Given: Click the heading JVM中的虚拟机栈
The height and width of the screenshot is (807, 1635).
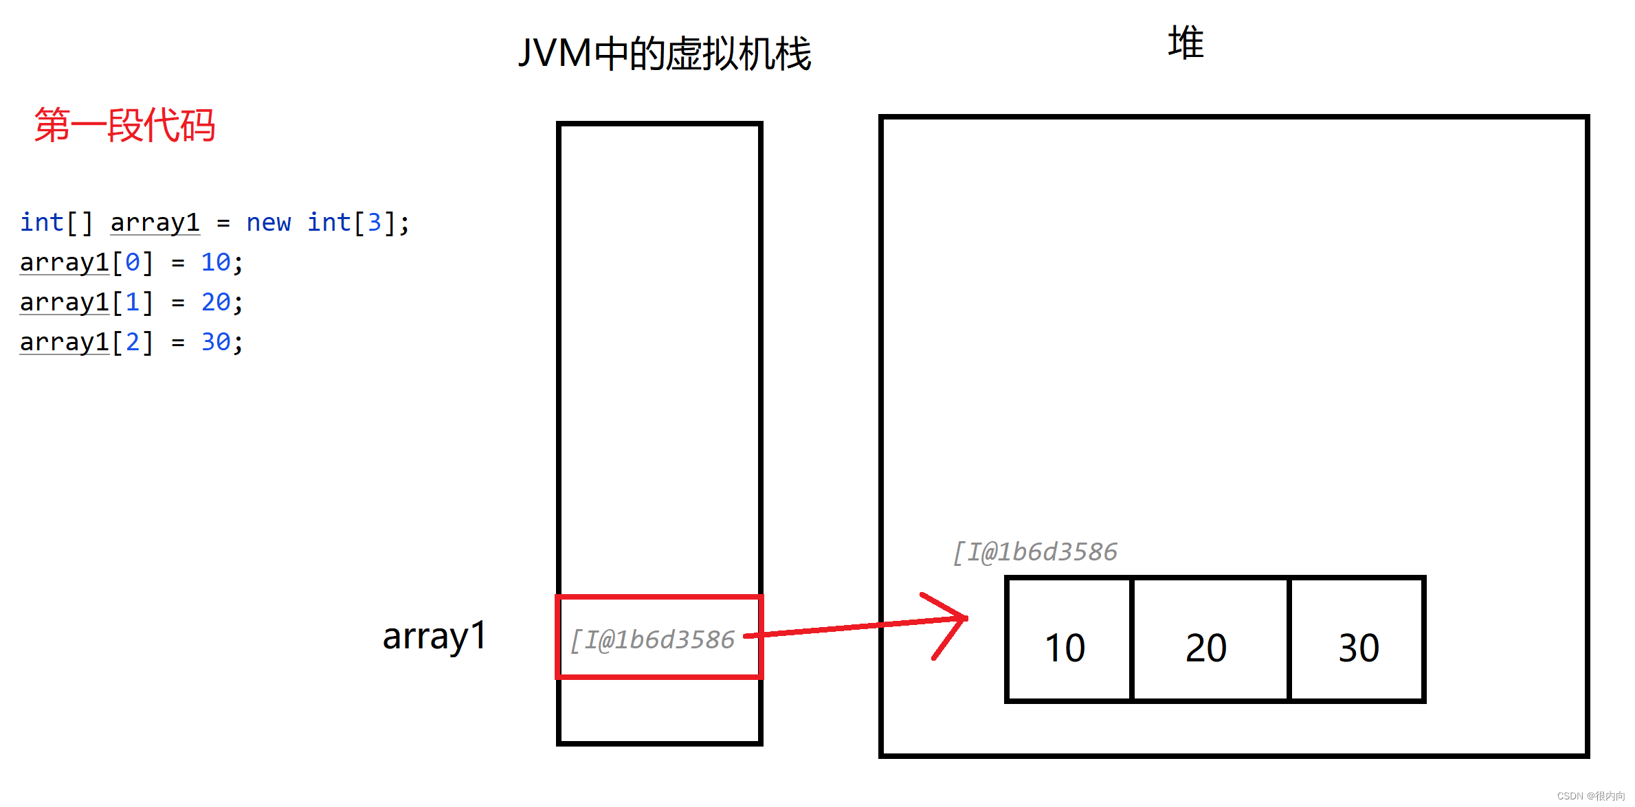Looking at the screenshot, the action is (664, 54).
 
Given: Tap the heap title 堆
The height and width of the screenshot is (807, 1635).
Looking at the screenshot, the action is (1186, 43).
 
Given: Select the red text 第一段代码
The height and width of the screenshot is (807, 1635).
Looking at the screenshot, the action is (124, 125).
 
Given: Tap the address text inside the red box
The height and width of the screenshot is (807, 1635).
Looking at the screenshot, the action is (653, 639).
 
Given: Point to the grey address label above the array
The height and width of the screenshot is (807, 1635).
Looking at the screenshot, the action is (1035, 552).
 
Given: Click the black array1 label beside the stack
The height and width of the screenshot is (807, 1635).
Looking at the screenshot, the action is (434, 636).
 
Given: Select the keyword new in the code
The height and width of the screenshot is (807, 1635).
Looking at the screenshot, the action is (268, 223).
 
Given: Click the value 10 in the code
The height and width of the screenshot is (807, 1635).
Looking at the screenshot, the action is (216, 262).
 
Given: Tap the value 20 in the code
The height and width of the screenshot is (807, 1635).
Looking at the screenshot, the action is (216, 302).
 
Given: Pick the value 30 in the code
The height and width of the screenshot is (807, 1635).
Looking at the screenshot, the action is (216, 342).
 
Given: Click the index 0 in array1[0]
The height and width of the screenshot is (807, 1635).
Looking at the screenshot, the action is (133, 262).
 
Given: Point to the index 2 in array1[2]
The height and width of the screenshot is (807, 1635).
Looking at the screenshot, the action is (133, 342).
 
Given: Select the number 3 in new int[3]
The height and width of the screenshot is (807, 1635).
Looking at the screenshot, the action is (374, 223).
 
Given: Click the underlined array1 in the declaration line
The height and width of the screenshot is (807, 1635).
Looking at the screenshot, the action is (155, 223).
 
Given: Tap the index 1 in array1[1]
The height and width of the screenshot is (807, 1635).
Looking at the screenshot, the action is (133, 302).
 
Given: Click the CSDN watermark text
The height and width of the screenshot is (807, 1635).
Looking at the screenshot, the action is (1590, 795).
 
